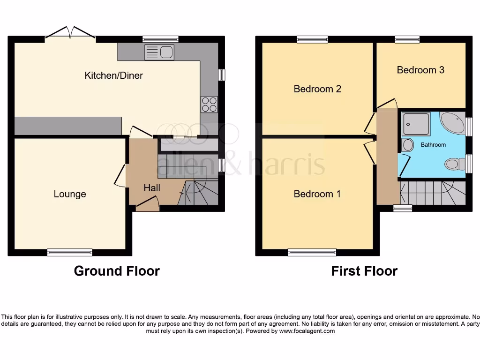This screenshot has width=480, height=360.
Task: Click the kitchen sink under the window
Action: pos(160,52)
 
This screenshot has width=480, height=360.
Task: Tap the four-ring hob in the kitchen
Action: pos(209,104)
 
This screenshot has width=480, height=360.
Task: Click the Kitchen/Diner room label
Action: pos(113,75)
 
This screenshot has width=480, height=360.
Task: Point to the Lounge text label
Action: pos(70,194)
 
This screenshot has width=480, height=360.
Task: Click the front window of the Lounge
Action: pos(70,253)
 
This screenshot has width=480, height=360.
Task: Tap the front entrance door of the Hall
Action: pos(147,203)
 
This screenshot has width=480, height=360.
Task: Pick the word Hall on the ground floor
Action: pos(152,188)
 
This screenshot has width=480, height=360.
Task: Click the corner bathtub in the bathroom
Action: pos(453,123)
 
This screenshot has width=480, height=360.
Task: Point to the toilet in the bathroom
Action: pos(453,164)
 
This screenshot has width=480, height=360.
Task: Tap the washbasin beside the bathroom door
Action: pos(408,145)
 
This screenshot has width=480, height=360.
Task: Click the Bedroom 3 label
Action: pos(420,70)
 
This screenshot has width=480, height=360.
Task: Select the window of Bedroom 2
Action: pos(312,40)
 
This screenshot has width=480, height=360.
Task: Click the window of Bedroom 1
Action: pos(312,253)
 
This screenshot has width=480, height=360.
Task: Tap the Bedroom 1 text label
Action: pos(317,194)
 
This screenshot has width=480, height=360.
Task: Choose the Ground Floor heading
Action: pos(117,271)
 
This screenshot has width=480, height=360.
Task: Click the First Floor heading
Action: pos(364,271)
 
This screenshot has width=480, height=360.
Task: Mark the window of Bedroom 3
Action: pos(407,40)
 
